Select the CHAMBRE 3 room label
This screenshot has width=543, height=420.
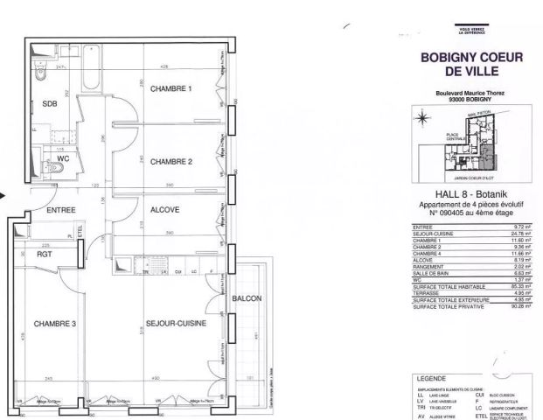[54, 324]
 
